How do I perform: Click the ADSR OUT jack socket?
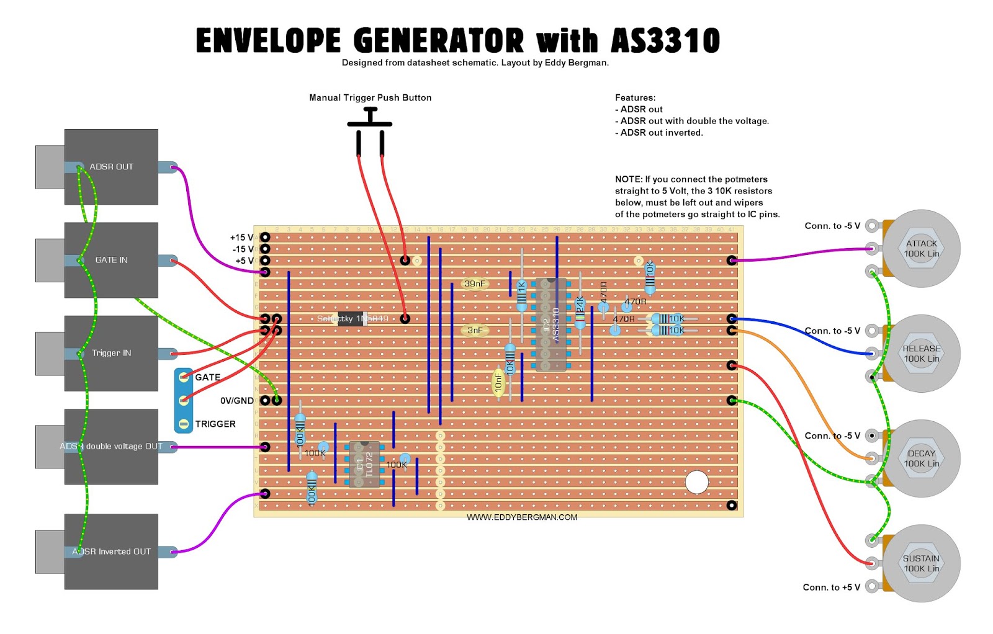(111, 167)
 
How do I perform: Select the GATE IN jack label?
(111, 260)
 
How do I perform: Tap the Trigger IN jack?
(111, 353)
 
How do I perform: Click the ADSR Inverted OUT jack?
(111, 551)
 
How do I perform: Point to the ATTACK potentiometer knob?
(921, 249)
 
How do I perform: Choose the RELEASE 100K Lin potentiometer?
(921, 354)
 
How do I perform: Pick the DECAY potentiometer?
(921, 458)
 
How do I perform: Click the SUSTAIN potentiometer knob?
(921, 563)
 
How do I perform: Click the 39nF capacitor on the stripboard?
(475, 284)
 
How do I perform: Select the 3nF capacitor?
(475, 331)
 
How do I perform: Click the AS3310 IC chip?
(551, 324)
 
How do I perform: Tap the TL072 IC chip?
(364, 465)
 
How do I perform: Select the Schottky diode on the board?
(352, 319)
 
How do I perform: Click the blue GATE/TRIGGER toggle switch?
(184, 400)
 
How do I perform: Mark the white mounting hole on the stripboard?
(696, 482)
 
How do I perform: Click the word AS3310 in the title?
(665, 41)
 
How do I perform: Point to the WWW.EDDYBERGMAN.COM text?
(522, 517)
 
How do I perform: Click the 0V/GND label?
(236, 401)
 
